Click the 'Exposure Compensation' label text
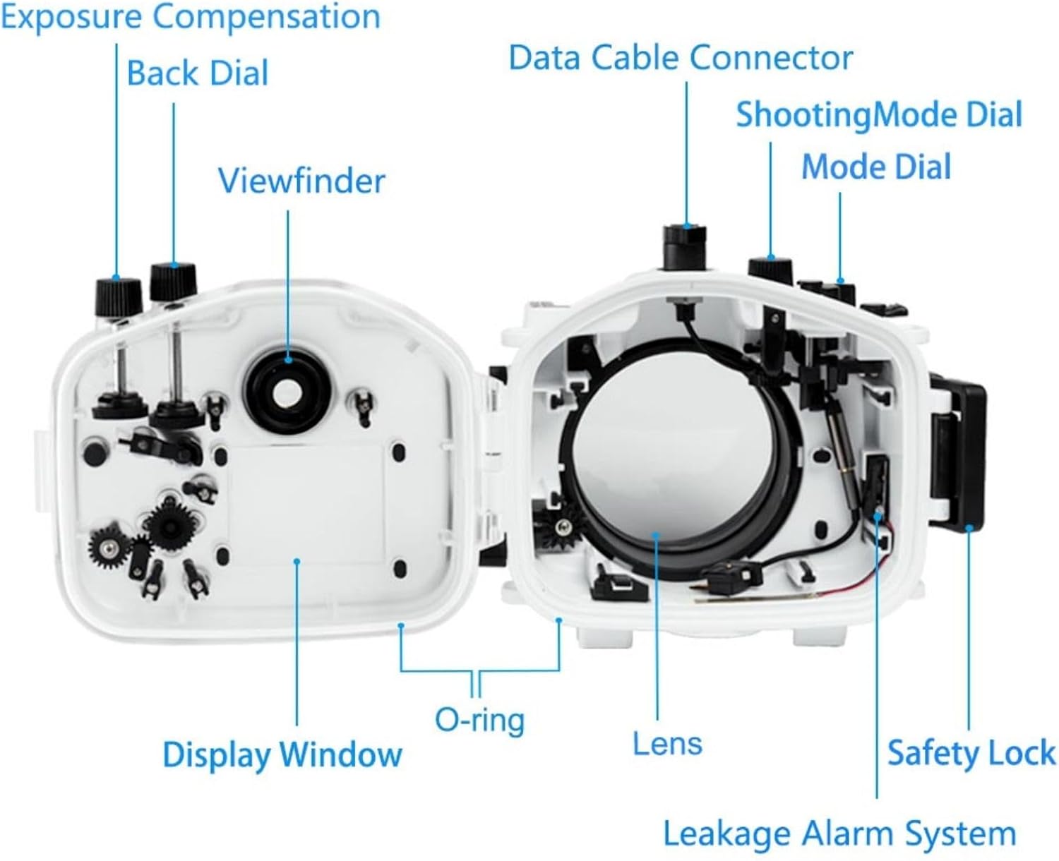click(x=191, y=17)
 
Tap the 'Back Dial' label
click(x=198, y=73)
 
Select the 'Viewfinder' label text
click(x=301, y=181)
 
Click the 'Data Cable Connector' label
click(x=681, y=58)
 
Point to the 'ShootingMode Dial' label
click(x=879, y=115)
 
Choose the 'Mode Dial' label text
click(x=876, y=167)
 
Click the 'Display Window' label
click(x=282, y=754)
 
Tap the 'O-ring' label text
click(x=479, y=721)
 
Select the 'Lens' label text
click(x=667, y=744)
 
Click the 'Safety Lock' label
click(x=971, y=752)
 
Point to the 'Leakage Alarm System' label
click(x=839, y=833)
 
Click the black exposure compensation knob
click(x=118, y=296)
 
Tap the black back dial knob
click(x=173, y=281)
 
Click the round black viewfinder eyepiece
click(x=288, y=392)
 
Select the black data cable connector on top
click(x=685, y=246)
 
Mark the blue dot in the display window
click(x=297, y=562)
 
